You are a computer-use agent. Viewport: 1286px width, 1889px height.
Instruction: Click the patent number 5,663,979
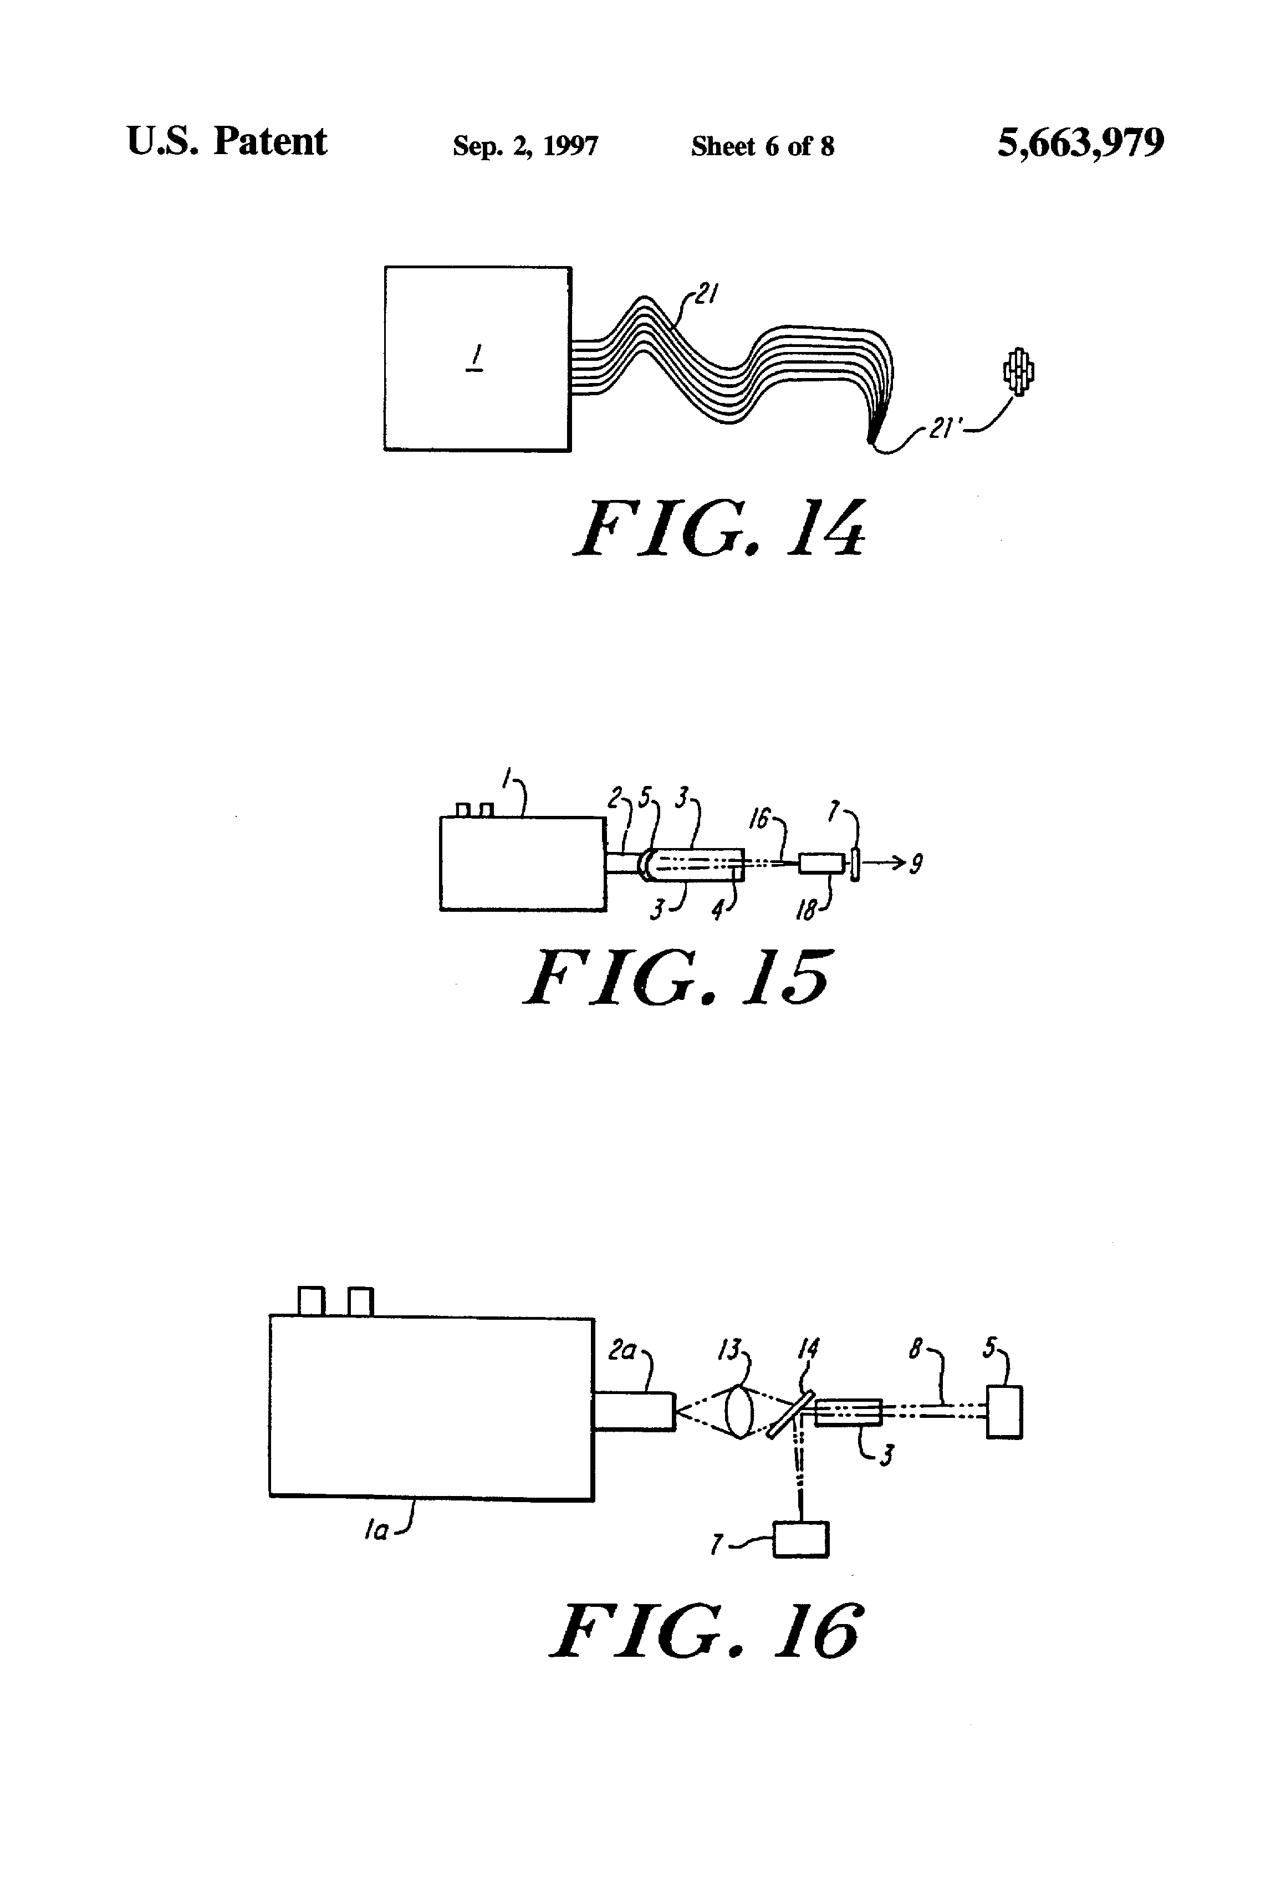pos(1080,144)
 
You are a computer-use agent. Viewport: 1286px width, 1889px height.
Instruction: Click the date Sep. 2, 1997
pos(525,146)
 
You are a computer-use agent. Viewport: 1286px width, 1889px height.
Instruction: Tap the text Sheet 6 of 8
pos(763,146)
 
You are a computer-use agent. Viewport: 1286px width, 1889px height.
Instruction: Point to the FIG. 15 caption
pos(677,977)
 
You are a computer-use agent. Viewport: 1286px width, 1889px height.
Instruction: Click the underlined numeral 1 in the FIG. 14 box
pos(476,358)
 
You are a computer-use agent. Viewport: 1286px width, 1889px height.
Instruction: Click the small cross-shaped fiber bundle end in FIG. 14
pos(1018,372)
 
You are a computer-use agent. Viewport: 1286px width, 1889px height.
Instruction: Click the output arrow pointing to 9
pos(884,863)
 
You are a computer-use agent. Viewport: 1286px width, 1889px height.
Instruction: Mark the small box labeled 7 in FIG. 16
pos(801,1539)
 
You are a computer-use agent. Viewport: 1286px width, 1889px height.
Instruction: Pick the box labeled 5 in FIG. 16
pos(1004,1413)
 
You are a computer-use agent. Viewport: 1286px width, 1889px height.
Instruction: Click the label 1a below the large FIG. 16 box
pos(376,1531)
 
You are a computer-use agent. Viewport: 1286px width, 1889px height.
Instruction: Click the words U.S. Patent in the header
pos(227,141)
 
